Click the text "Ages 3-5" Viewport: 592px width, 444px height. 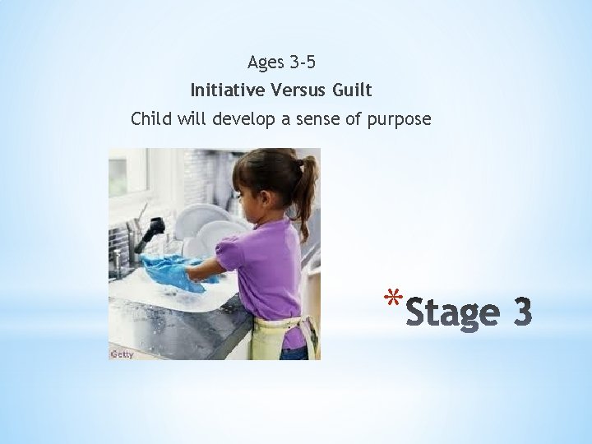pos(281,62)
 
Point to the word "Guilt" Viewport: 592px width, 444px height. pos(354,90)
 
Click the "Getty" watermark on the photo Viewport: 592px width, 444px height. pos(122,354)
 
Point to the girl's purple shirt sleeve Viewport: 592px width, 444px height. pos(234,255)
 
